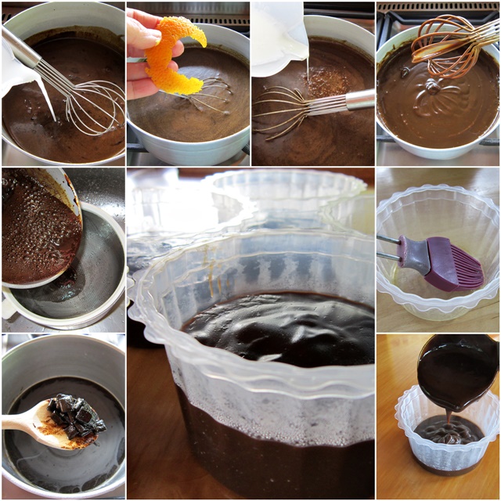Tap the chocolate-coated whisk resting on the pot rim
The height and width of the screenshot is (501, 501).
point(454,43)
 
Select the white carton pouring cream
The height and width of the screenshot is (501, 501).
point(278,35)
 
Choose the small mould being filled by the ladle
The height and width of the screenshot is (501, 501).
point(446,442)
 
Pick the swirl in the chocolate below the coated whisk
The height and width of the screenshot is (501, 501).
point(431,90)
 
